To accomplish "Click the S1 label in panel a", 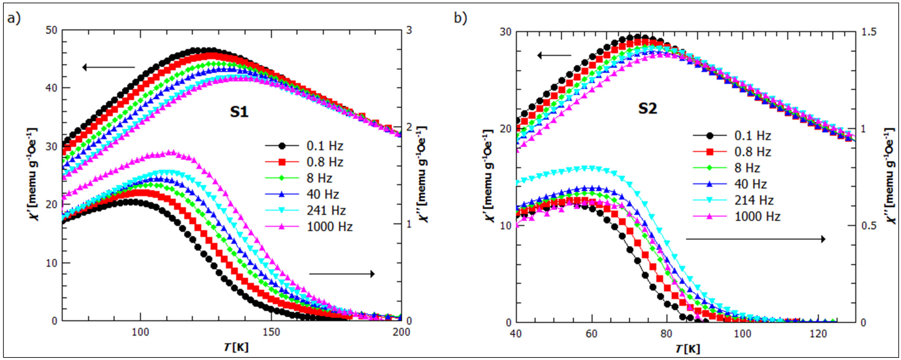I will coord(239,112).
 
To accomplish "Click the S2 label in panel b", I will coord(647,108).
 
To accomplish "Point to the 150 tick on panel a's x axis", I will coord(271,331).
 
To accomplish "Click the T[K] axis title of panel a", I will coord(237,347).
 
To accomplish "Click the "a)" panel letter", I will coord(14,18).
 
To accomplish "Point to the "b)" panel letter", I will coord(460,18).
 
